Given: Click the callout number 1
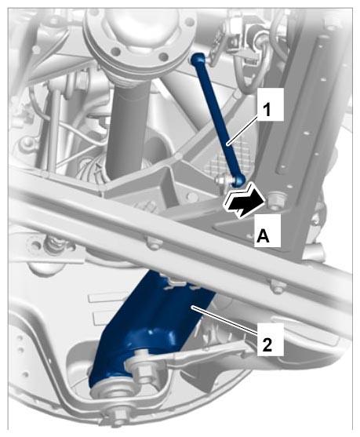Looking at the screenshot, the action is point(267,111).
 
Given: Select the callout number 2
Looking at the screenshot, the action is point(267,345).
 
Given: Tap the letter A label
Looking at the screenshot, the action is point(264,236).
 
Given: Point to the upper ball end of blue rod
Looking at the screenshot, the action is point(198,59).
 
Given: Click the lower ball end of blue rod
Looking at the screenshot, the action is point(239,180).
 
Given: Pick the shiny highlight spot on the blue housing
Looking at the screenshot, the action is point(152,333).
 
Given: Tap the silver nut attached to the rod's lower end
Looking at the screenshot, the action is point(220,180).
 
